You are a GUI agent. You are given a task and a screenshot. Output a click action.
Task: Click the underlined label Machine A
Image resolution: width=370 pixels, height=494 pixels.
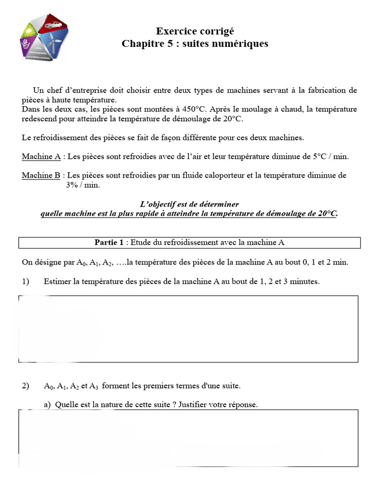tap(41, 157)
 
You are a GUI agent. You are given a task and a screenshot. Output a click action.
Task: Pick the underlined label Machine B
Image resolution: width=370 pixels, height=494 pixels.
tap(41, 176)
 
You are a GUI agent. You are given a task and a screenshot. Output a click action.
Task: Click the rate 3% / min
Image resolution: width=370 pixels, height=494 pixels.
tap(83, 185)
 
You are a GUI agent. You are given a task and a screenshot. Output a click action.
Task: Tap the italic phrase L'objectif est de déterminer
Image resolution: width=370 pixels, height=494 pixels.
tap(188, 204)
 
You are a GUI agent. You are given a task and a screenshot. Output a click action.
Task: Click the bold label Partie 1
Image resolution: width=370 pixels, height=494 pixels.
tap(109, 242)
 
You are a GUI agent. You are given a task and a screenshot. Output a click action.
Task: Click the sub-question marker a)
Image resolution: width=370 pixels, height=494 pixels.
tap(47, 405)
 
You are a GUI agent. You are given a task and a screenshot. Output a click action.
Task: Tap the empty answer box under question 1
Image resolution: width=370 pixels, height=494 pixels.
tap(188, 329)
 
